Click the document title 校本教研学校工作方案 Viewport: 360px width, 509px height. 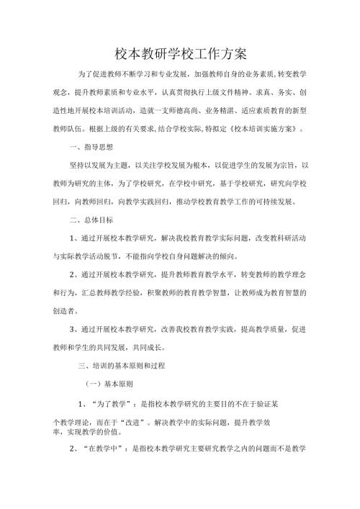(x=181, y=53)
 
